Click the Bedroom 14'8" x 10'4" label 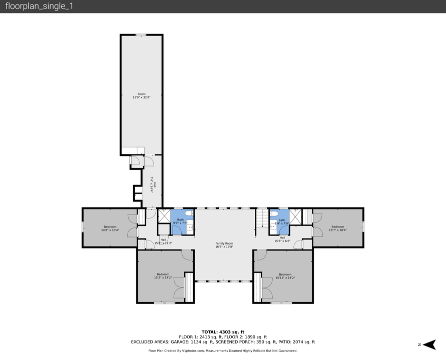[110, 226]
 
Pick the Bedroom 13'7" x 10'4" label [338, 226]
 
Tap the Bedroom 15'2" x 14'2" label [163, 274]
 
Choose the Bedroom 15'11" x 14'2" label [285, 274]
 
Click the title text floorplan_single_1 [39, 6]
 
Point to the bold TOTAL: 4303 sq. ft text [223, 331]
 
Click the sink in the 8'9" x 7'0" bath [273, 226]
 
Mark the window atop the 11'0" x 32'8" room [141, 34]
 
